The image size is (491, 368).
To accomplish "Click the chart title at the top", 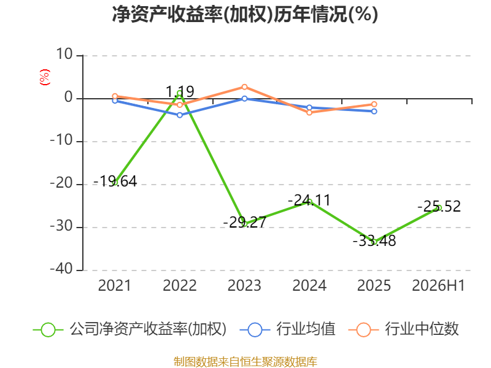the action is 245,14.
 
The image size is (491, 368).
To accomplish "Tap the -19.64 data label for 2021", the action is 115,181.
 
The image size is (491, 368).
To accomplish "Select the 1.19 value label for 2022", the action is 180,91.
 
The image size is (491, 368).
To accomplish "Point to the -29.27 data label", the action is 244,223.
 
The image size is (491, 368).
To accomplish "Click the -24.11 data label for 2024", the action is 309,201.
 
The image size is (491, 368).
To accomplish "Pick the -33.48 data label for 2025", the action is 374,240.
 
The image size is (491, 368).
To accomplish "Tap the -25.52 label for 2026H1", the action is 439,207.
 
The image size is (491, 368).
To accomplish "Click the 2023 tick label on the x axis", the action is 244,285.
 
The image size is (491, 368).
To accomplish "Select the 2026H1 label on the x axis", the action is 438,285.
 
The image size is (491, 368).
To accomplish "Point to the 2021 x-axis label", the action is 115,285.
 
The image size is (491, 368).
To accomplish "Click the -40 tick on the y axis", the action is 61,269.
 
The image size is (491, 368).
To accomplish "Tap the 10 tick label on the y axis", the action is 64,55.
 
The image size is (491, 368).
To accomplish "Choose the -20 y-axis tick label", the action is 61,183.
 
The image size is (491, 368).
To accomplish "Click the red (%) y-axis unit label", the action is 45,77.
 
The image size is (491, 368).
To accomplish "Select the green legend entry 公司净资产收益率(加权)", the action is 130,329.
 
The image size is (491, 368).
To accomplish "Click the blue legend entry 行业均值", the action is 287,329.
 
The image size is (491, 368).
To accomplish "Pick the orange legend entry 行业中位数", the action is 403,329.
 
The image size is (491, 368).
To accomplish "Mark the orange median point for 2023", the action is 244,87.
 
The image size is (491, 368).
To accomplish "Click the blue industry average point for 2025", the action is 374,112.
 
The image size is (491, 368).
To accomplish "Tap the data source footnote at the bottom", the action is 245,362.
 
